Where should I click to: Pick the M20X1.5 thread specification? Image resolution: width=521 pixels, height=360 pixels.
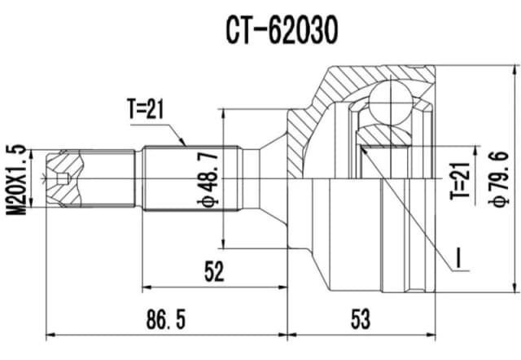tap(15, 179)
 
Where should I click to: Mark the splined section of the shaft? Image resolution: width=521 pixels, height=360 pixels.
tap(192, 178)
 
